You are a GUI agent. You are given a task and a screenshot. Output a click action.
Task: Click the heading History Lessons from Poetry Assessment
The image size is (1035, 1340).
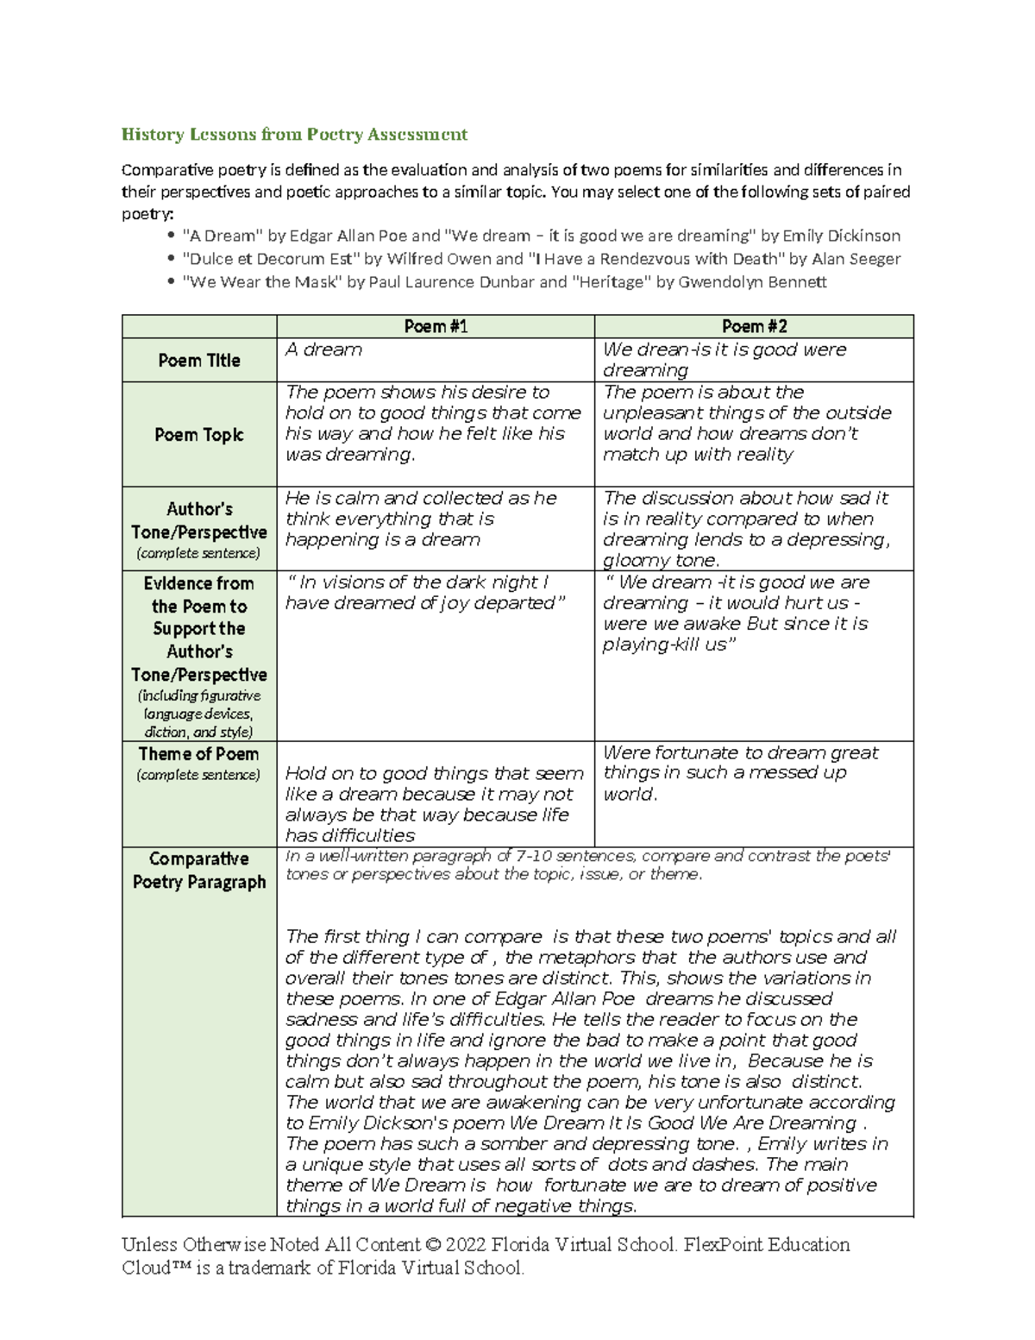click(x=294, y=134)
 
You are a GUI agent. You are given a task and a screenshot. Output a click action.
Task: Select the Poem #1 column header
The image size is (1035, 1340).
click(x=436, y=326)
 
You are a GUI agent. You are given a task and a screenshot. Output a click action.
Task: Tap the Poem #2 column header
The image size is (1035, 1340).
click(x=754, y=326)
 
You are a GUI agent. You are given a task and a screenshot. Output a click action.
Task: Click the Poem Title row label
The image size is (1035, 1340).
click(x=199, y=361)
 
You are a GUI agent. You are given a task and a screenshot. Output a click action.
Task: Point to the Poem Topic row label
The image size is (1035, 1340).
click(x=199, y=435)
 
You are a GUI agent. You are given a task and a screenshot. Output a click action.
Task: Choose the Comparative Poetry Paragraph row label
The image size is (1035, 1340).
click(x=199, y=870)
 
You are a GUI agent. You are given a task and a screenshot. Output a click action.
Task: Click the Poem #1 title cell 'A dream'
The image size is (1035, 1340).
click(x=323, y=349)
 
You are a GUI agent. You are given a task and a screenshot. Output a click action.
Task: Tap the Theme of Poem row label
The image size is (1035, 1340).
click(x=199, y=754)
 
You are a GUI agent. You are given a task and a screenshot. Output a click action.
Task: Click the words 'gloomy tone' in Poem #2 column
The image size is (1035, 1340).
click(x=660, y=561)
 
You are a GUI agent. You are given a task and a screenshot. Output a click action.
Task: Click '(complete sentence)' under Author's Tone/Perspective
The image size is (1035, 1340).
click(x=199, y=553)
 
